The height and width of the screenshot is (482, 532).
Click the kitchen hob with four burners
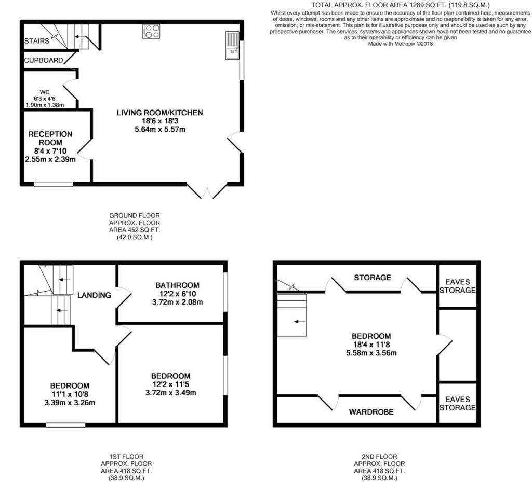pos(151,31)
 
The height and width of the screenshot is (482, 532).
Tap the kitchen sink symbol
pos(232,45)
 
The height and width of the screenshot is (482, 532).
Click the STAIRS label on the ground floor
pos(37,41)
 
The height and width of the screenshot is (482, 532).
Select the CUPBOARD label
pos(44,60)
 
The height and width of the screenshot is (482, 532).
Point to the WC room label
pos(45,92)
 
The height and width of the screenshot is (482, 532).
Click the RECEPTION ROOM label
pos(50,138)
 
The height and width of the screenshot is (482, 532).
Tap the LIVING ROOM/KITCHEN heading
pos(160,113)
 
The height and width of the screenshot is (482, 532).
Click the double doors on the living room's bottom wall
pos(207,191)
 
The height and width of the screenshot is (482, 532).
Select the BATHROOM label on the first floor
pos(178,285)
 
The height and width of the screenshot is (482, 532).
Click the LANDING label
pos(94,295)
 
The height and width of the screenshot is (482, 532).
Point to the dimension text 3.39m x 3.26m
pos(70,403)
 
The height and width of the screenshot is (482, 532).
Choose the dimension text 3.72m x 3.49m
pos(170,393)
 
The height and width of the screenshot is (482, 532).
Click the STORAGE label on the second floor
pos(372,278)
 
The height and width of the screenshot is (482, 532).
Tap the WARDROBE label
pos(371,412)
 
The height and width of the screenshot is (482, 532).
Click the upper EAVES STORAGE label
pos(457,286)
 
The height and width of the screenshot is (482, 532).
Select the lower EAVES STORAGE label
pos(457,403)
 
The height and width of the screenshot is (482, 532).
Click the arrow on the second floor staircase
pos(299,322)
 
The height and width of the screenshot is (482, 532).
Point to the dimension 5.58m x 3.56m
pos(371,353)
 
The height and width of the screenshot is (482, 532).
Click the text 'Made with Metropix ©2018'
pos(401,44)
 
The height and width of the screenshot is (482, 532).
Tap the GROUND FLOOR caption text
pos(135,215)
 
